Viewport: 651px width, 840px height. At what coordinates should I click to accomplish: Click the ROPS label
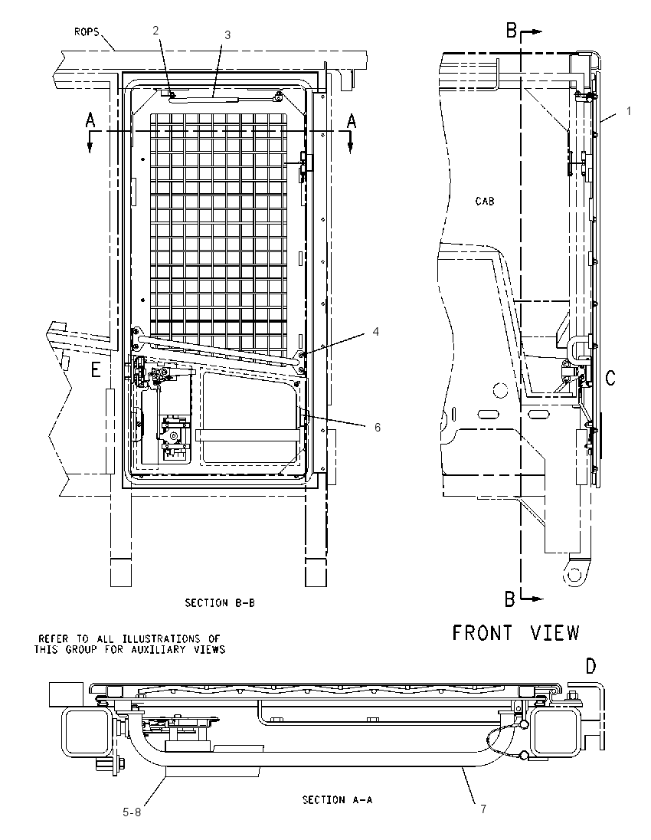pyautogui.click(x=87, y=32)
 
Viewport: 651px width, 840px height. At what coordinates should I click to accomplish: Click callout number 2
pyautogui.click(x=155, y=31)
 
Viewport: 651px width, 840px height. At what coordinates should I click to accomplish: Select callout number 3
pyautogui.click(x=227, y=34)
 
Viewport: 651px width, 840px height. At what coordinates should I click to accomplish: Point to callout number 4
pyautogui.click(x=376, y=332)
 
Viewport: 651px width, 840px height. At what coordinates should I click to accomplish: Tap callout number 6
pyautogui.click(x=378, y=427)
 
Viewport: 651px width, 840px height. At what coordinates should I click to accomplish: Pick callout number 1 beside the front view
pyautogui.click(x=629, y=111)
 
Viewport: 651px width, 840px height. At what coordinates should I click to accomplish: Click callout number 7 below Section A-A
pyautogui.click(x=483, y=809)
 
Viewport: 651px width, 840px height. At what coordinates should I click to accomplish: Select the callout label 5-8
pyautogui.click(x=132, y=812)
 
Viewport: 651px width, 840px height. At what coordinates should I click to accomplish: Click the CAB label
pyautogui.click(x=485, y=202)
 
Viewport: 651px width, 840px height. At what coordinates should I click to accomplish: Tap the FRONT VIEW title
pyautogui.click(x=516, y=633)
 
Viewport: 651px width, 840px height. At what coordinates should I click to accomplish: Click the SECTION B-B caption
pyautogui.click(x=220, y=602)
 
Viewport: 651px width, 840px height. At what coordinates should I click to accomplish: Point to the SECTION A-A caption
pyautogui.click(x=337, y=800)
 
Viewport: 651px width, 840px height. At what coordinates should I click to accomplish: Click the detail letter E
pyautogui.click(x=96, y=369)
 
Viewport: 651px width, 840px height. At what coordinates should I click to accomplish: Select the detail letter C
pyautogui.click(x=610, y=378)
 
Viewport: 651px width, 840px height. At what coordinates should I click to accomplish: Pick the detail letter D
pyautogui.click(x=590, y=667)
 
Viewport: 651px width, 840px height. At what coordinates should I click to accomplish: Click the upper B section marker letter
pyautogui.click(x=512, y=31)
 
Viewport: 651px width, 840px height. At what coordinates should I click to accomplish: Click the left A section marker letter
pyautogui.click(x=90, y=121)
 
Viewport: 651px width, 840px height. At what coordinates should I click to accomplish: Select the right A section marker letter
pyautogui.click(x=352, y=121)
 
